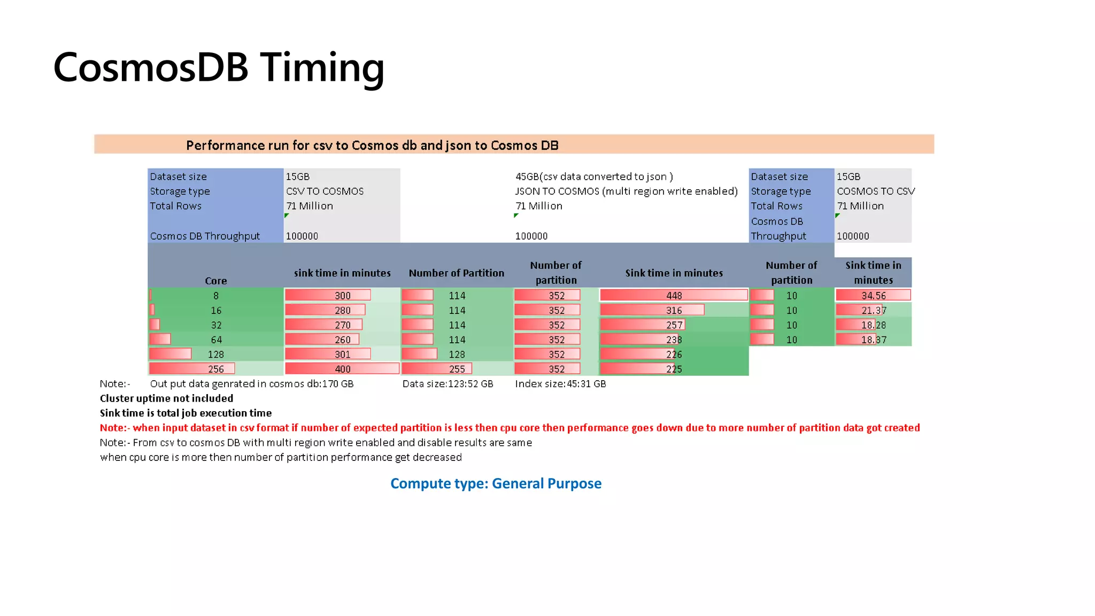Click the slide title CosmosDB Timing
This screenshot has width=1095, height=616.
click(x=219, y=68)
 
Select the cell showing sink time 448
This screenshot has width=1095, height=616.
click(x=674, y=295)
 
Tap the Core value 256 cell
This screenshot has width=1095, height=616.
click(x=216, y=369)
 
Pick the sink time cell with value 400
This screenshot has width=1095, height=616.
click(x=342, y=369)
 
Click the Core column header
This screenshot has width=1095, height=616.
click(x=215, y=281)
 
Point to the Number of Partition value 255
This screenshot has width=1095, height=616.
click(x=457, y=369)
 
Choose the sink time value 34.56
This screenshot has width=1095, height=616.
click(x=873, y=295)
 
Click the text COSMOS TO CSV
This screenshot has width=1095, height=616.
click(x=875, y=191)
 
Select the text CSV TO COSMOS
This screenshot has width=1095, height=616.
click(x=325, y=191)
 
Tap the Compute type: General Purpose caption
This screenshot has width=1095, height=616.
click(x=496, y=483)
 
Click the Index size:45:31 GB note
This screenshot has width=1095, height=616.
click(x=560, y=384)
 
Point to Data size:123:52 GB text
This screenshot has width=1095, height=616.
click(x=448, y=384)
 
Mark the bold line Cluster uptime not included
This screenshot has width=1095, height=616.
click(x=166, y=398)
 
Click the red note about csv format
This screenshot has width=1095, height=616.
click(x=510, y=428)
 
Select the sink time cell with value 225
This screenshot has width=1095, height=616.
click(x=674, y=369)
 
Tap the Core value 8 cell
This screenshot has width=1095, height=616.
click(x=216, y=295)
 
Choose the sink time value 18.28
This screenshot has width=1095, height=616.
click(x=873, y=325)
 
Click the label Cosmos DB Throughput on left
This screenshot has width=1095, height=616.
click(x=205, y=236)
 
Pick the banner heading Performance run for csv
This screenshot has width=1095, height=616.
click(x=372, y=145)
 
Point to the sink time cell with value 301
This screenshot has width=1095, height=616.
click(x=342, y=354)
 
